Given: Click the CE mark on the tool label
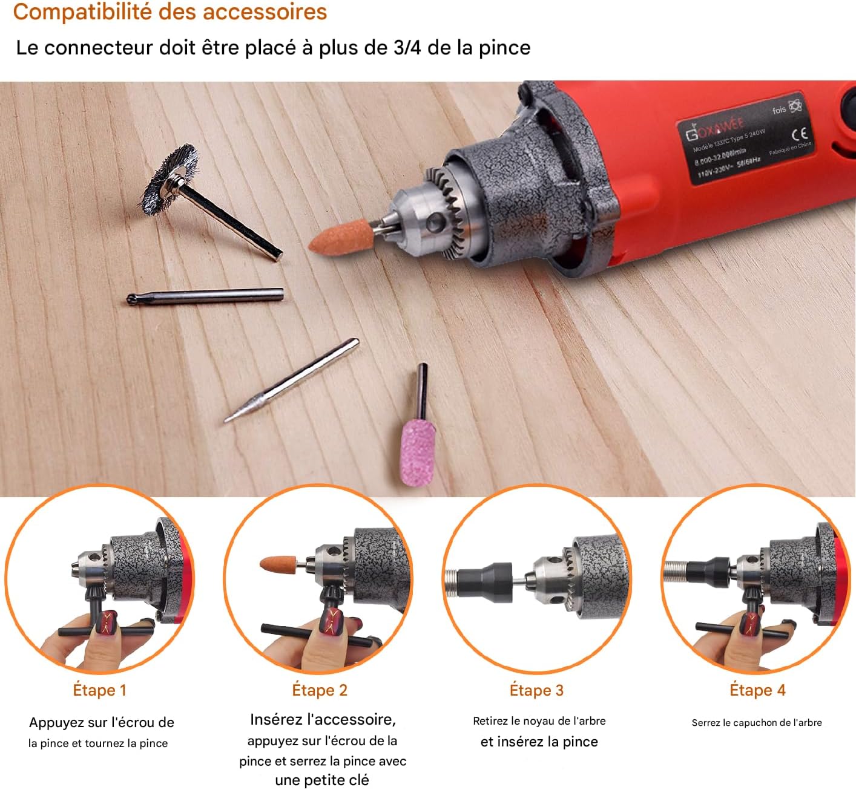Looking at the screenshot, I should click(x=800, y=134).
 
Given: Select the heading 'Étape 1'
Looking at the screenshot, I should click(x=100, y=690).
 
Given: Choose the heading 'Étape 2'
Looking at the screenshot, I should click(x=320, y=690).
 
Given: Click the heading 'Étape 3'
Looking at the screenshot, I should click(x=536, y=690).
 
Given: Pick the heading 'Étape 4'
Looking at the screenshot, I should click(x=757, y=690).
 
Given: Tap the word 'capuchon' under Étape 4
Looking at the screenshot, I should click(x=756, y=723).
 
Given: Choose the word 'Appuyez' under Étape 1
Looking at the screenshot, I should click(x=56, y=723).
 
